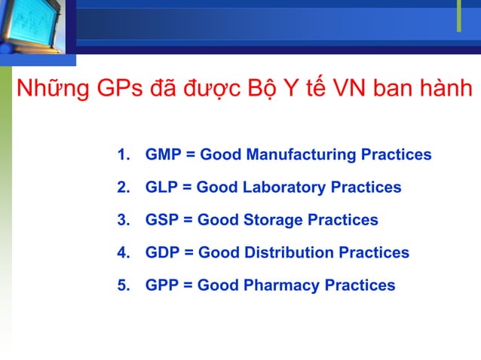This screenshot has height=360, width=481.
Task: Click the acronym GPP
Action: point(161,285)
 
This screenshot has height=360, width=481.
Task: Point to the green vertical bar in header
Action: point(458,16)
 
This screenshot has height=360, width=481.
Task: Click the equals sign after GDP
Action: point(188,253)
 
